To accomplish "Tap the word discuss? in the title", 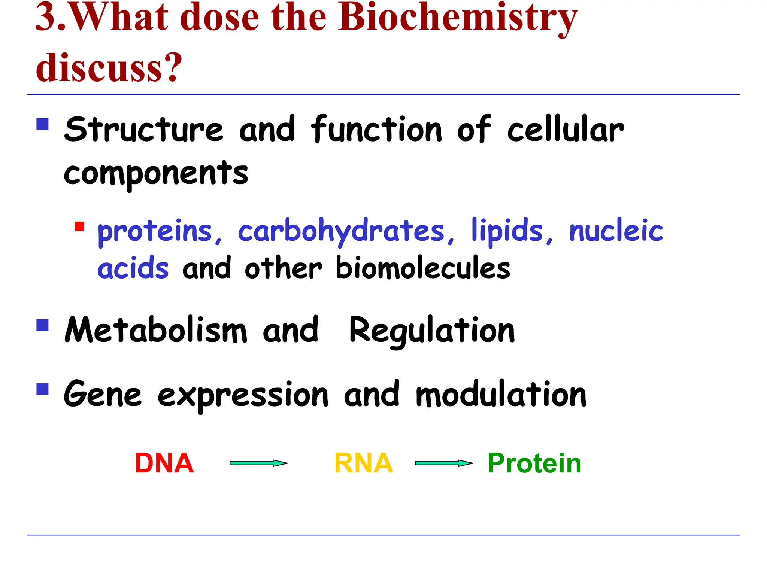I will pyautogui.click(x=109, y=67).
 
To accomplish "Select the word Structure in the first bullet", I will pyautogui.click(x=144, y=130).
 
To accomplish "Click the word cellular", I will pyautogui.click(x=566, y=130).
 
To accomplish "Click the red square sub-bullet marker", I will pyautogui.click(x=79, y=226).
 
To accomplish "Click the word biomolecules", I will pyautogui.click(x=423, y=268).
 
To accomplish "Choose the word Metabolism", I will pyautogui.click(x=156, y=330).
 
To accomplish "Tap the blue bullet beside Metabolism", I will pyautogui.click(x=43, y=325).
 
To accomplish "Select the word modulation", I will pyautogui.click(x=501, y=395).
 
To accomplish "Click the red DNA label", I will pyautogui.click(x=164, y=463).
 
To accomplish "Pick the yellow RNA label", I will pyautogui.click(x=363, y=463).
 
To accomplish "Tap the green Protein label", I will pyautogui.click(x=534, y=463).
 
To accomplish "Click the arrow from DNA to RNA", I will pyautogui.click(x=258, y=463).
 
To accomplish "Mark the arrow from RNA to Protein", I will pyautogui.click(x=444, y=463).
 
